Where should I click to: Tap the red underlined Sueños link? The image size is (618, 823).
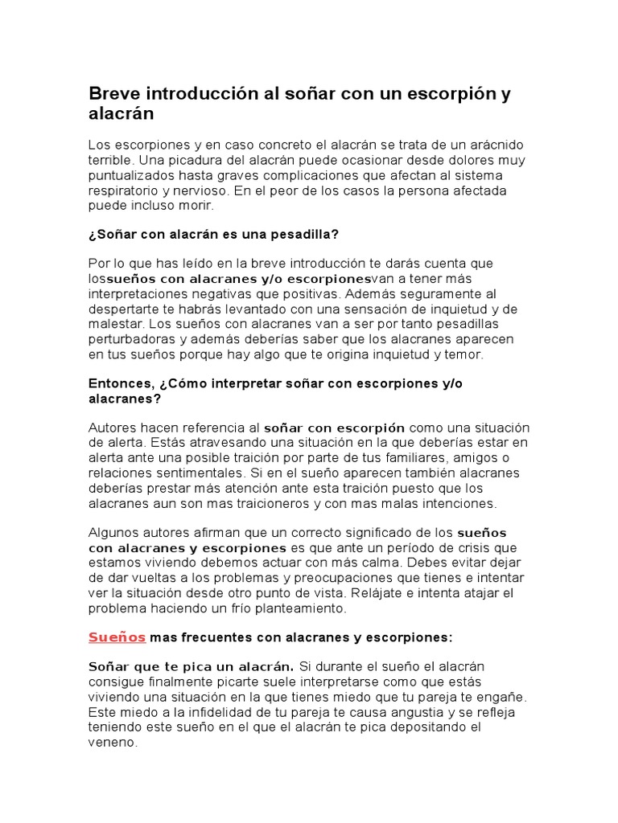pos(117,637)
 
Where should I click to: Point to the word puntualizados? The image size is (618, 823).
pos(130,175)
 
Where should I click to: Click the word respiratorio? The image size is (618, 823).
pos(125,190)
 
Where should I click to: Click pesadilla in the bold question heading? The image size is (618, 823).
pos(302,234)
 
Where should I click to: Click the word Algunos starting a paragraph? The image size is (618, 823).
pos(113,533)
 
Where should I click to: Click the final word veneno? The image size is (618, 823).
pos(112,743)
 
